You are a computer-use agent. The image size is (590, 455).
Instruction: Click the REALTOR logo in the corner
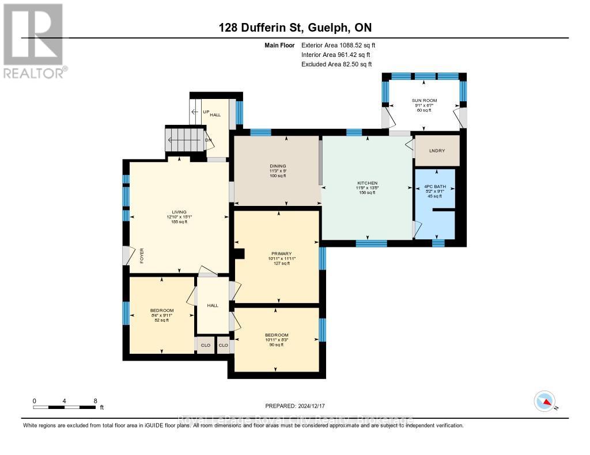click(x=34, y=40)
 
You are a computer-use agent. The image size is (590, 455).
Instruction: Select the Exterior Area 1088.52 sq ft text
click(x=338, y=45)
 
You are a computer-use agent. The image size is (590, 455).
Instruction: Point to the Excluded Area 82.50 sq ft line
click(x=337, y=64)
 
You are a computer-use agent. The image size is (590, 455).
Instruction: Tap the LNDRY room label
click(x=437, y=151)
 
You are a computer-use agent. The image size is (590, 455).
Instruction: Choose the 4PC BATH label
click(x=436, y=187)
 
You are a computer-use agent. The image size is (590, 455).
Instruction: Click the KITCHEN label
click(x=367, y=183)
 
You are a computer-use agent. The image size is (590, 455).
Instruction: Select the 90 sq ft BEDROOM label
click(x=277, y=335)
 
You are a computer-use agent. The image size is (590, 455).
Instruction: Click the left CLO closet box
click(x=205, y=345)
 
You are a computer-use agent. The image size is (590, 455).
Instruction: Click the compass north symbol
click(x=544, y=400)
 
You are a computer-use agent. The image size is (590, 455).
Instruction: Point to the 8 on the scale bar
click(x=95, y=400)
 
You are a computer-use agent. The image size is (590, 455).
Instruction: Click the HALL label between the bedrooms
click(x=213, y=305)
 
